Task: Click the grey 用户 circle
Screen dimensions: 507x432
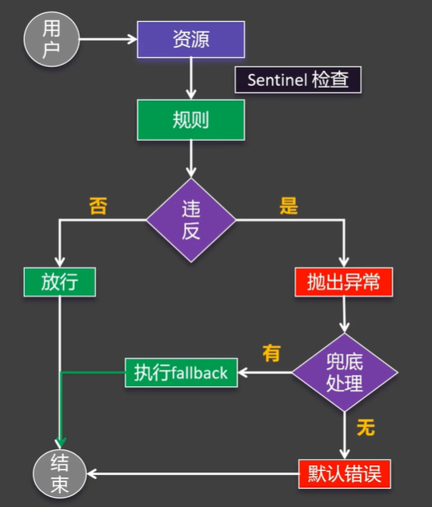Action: [51, 39]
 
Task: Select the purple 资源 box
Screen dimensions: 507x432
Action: [191, 39]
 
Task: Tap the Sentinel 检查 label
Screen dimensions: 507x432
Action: [298, 80]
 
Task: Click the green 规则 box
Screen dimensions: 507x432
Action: [191, 119]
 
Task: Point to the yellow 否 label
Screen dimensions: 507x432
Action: [97, 206]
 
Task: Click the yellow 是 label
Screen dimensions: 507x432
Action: [289, 206]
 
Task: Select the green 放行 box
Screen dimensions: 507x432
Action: [60, 282]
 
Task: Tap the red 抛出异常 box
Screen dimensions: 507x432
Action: [344, 282]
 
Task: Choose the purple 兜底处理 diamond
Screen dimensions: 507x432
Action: [344, 372]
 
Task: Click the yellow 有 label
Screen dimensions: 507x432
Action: [271, 353]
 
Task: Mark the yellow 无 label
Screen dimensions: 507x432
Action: [365, 427]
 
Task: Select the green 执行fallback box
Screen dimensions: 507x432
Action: [181, 372]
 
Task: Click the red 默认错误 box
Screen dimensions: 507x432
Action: [344, 473]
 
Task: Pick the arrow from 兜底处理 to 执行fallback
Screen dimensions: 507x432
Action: [264, 372]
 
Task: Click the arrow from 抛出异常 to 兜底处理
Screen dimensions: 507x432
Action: [344, 317]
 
